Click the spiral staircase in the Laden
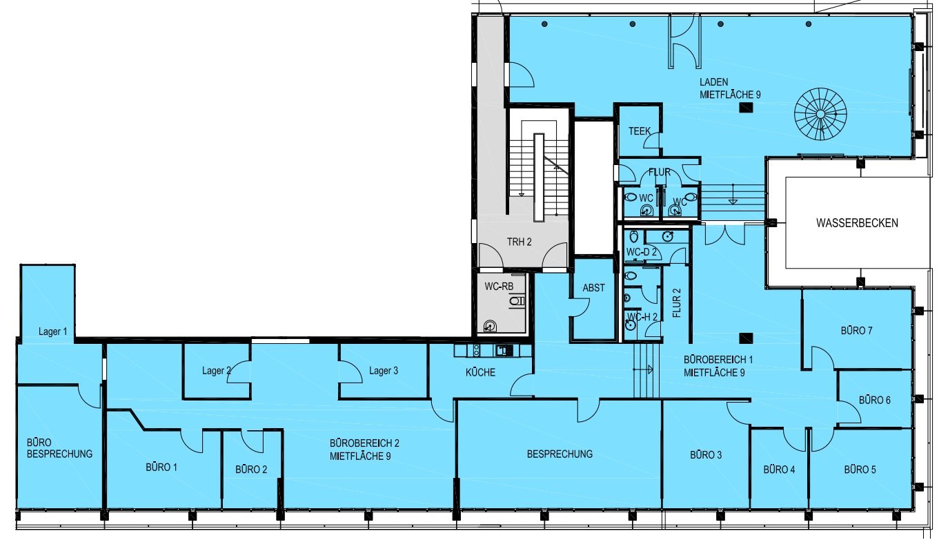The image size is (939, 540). (x=820, y=114)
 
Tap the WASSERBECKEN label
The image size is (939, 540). (x=857, y=223)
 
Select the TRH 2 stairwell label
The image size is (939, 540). (x=519, y=242)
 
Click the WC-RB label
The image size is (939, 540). (x=499, y=287)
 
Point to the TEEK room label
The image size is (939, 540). (x=640, y=131)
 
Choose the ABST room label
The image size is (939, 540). (x=593, y=288)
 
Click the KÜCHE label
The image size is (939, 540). (x=480, y=372)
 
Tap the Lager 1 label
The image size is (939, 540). (x=53, y=331)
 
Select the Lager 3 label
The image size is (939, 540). (x=384, y=371)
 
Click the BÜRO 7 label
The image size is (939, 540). (x=856, y=331)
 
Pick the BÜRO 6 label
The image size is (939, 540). (x=874, y=401)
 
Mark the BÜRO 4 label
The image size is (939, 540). (x=779, y=470)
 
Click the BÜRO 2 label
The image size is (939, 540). (x=251, y=470)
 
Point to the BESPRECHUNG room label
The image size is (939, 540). (x=560, y=454)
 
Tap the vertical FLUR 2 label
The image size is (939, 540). (x=676, y=303)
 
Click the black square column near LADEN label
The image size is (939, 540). (x=746, y=108)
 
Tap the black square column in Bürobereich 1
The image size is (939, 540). (x=746, y=338)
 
